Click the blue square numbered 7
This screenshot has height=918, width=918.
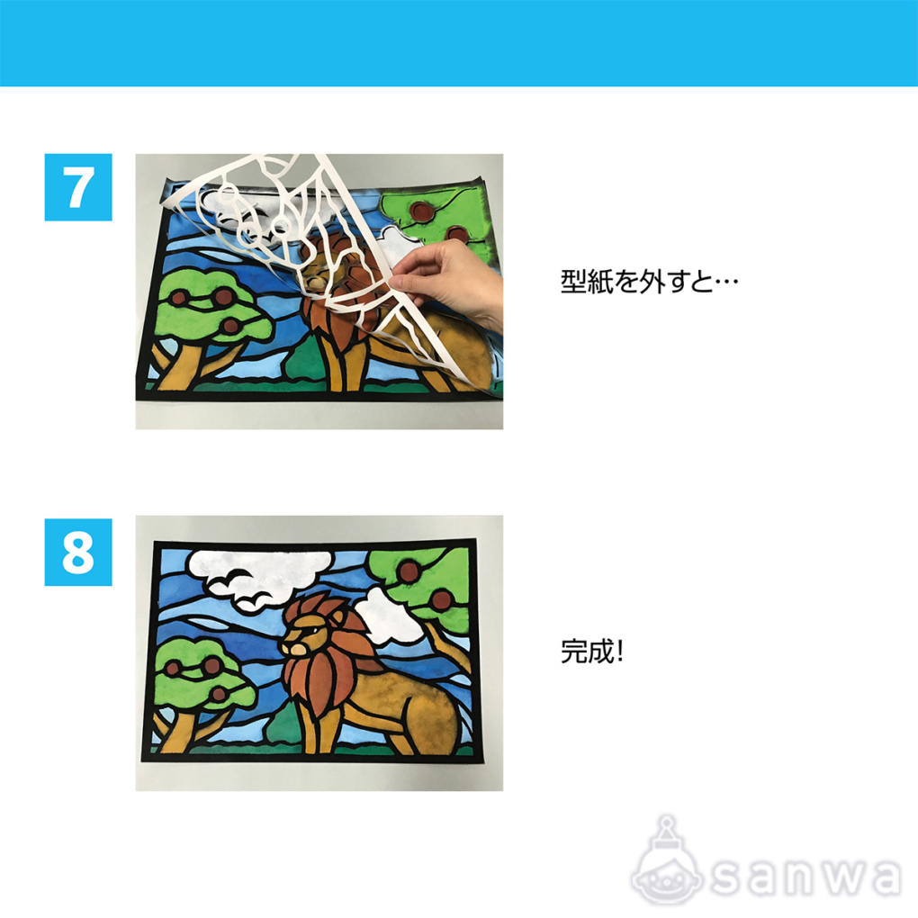pos(78,187)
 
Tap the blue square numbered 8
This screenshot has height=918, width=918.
pos(78,552)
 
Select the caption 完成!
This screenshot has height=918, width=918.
pos(592,651)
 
